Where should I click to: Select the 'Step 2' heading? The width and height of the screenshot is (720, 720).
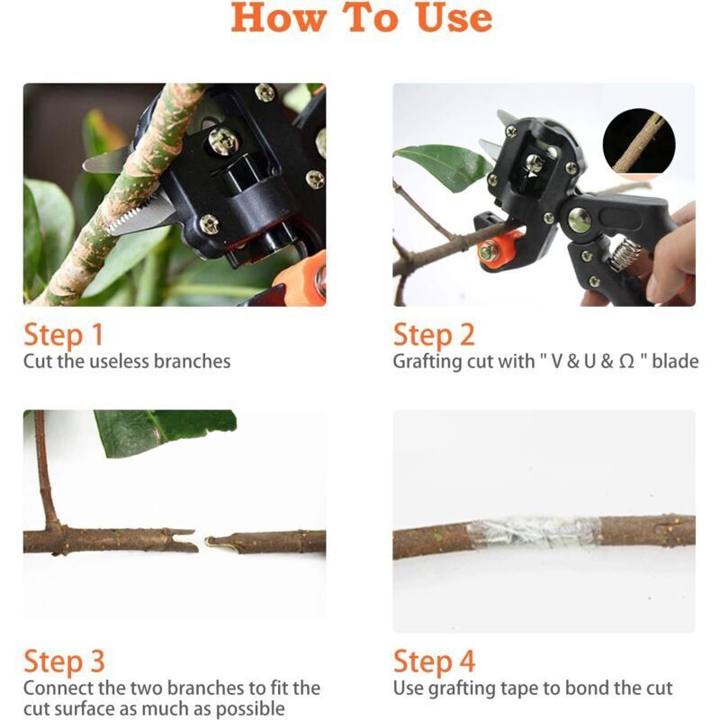433,335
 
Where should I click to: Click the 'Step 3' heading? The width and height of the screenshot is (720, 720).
64,661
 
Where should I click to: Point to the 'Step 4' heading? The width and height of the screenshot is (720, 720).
434,661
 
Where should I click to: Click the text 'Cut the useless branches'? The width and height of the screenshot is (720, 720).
127,362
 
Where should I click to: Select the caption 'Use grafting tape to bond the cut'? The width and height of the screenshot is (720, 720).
533,688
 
